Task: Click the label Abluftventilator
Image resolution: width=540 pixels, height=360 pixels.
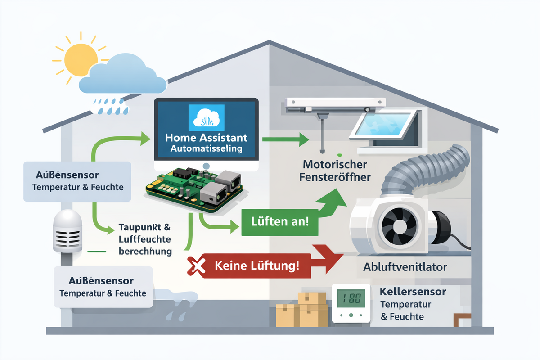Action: click(x=405, y=267)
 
